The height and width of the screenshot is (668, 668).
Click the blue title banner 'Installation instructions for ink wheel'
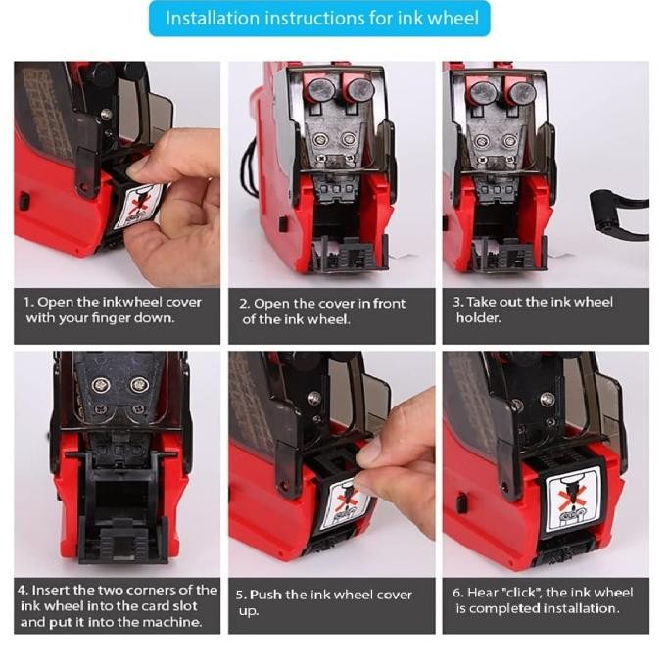tap(319, 19)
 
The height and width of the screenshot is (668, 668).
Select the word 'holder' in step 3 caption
tap(478, 317)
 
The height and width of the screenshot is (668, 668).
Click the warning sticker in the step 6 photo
tap(573, 500)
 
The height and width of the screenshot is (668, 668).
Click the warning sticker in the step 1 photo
tap(139, 205)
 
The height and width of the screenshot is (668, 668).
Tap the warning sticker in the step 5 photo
tap(346, 504)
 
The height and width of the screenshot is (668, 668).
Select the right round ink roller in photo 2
tap(360, 89)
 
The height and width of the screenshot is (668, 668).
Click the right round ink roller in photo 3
tap(521, 93)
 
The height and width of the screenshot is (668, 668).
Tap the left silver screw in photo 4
tap(102, 386)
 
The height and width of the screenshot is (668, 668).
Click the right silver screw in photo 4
tap(139, 385)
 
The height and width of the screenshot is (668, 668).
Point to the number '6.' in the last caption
tap(458, 593)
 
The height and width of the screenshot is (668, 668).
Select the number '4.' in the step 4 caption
tap(24, 590)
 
